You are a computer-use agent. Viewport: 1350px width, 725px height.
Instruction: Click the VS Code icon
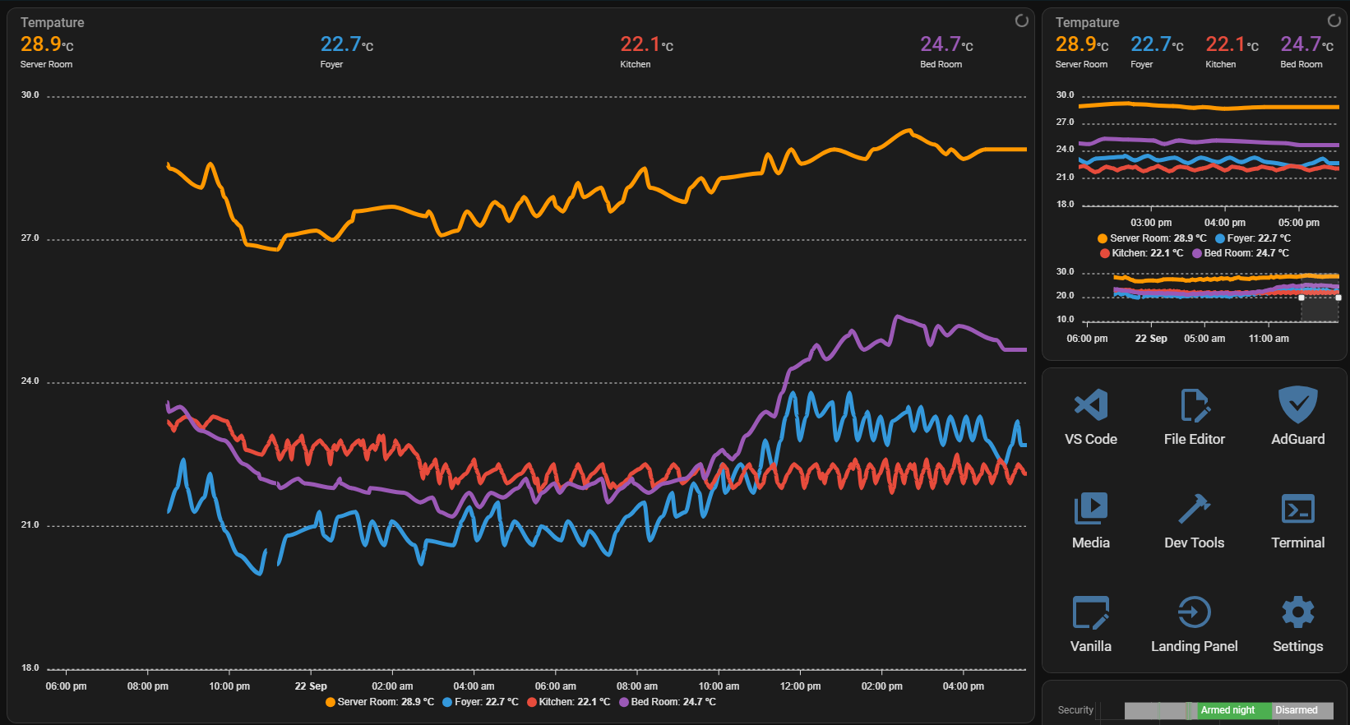(1091, 405)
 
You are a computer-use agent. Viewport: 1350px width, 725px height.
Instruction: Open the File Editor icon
(1194, 405)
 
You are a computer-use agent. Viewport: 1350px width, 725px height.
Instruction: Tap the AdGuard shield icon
(1297, 404)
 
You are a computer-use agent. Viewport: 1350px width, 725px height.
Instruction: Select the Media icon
(1091, 509)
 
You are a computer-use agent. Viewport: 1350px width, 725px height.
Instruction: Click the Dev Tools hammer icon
(1194, 509)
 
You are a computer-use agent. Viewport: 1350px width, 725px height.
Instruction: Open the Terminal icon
(1297, 509)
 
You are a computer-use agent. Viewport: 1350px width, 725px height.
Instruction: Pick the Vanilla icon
(1091, 612)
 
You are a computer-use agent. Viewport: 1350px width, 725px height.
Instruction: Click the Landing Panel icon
(1194, 612)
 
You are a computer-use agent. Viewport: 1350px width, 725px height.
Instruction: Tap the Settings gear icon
(1297, 612)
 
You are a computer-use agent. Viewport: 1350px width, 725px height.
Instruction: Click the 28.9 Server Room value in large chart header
(41, 44)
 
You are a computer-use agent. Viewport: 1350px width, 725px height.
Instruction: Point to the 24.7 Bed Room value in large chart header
(941, 44)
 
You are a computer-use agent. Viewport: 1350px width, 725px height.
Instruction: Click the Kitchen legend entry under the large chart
(569, 702)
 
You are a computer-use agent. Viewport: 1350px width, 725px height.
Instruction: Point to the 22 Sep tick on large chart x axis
(311, 686)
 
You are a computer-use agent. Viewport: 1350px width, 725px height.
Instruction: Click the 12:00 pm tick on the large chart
(800, 686)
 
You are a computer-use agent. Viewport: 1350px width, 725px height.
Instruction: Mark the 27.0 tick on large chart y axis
(30, 238)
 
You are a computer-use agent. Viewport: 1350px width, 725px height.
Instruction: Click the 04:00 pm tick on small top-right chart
(1224, 223)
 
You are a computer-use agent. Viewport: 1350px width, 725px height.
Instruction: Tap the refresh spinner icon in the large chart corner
(1021, 21)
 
